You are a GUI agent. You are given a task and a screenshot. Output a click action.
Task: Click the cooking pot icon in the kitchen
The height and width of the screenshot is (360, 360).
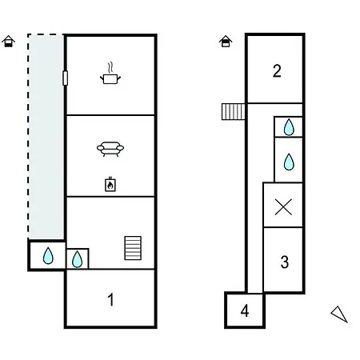(x=110, y=79)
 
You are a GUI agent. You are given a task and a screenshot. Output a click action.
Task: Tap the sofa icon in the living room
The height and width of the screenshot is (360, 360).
(x=110, y=149)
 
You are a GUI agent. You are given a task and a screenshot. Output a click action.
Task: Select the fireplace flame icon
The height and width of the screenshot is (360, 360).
(x=110, y=185)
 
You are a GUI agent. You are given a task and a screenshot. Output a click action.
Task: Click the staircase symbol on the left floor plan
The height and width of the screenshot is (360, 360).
(x=133, y=248)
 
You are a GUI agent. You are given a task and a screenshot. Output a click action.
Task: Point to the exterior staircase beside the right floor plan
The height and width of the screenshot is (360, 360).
(x=233, y=112)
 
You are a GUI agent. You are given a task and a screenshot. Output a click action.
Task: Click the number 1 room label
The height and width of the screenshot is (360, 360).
(x=111, y=299)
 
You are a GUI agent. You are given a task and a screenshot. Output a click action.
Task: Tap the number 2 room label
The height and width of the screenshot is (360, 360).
(x=277, y=71)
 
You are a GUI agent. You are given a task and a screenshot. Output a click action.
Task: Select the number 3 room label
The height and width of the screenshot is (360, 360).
(x=285, y=262)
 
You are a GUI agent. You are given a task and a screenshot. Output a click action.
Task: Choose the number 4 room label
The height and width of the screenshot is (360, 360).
(x=245, y=310)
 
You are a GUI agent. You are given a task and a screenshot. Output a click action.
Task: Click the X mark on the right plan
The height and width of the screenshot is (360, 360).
(x=283, y=207)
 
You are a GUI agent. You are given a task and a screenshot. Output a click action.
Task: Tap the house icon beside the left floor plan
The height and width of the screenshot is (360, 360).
(x=9, y=42)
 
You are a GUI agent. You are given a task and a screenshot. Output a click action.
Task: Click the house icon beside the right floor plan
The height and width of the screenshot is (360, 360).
(x=226, y=42)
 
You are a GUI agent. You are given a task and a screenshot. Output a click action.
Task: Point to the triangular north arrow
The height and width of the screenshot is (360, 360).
(x=339, y=314)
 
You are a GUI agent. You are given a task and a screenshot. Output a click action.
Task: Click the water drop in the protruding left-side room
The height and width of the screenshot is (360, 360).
(x=48, y=256)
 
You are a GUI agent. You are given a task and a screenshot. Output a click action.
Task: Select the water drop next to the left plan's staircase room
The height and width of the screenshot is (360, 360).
(x=77, y=259)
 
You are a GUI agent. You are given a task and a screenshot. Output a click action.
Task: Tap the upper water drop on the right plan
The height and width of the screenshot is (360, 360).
(x=289, y=127)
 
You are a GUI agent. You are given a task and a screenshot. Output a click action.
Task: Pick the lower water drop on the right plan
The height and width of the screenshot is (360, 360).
(x=289, y=162)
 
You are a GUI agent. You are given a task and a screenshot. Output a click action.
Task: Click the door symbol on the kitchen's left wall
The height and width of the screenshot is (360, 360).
(x=65, y=78)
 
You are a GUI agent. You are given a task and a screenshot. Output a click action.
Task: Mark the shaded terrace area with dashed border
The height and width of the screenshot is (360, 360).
(x=46, y=136)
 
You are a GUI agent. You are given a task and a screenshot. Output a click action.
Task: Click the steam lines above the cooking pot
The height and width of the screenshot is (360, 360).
(x=110, y=68)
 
